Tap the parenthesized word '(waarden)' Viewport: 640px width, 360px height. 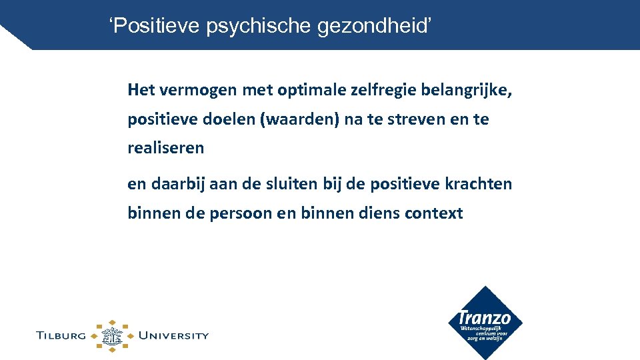coord(301,120)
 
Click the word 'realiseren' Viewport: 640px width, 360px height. coord(166,149)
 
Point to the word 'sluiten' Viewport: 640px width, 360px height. coord(297,184)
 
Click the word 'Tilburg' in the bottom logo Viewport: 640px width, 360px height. coord(61,335)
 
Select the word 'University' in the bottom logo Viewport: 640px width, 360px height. coord(173,335)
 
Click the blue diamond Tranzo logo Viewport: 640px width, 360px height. coord(485,323)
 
